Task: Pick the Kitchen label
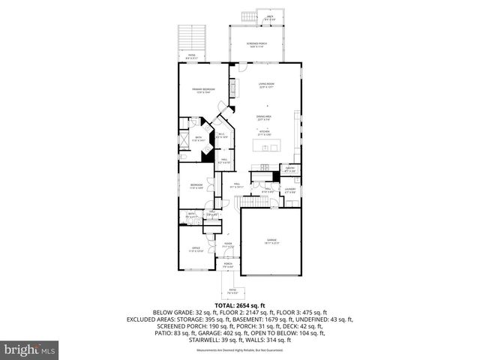pyautogui.click(x=264, y=132)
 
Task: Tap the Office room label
pyautogui.click(x=195, y=249)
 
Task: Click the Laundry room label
pyautogui.click(x=289, y=190)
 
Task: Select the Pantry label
pyautogui.click(x=289, y=169)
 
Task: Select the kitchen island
pyautogui.click(x=266, y=144)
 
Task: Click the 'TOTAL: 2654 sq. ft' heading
pyautogui.click(x=239, y=306)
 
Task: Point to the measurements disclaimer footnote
pyautogui.click(x=239, y=350)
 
